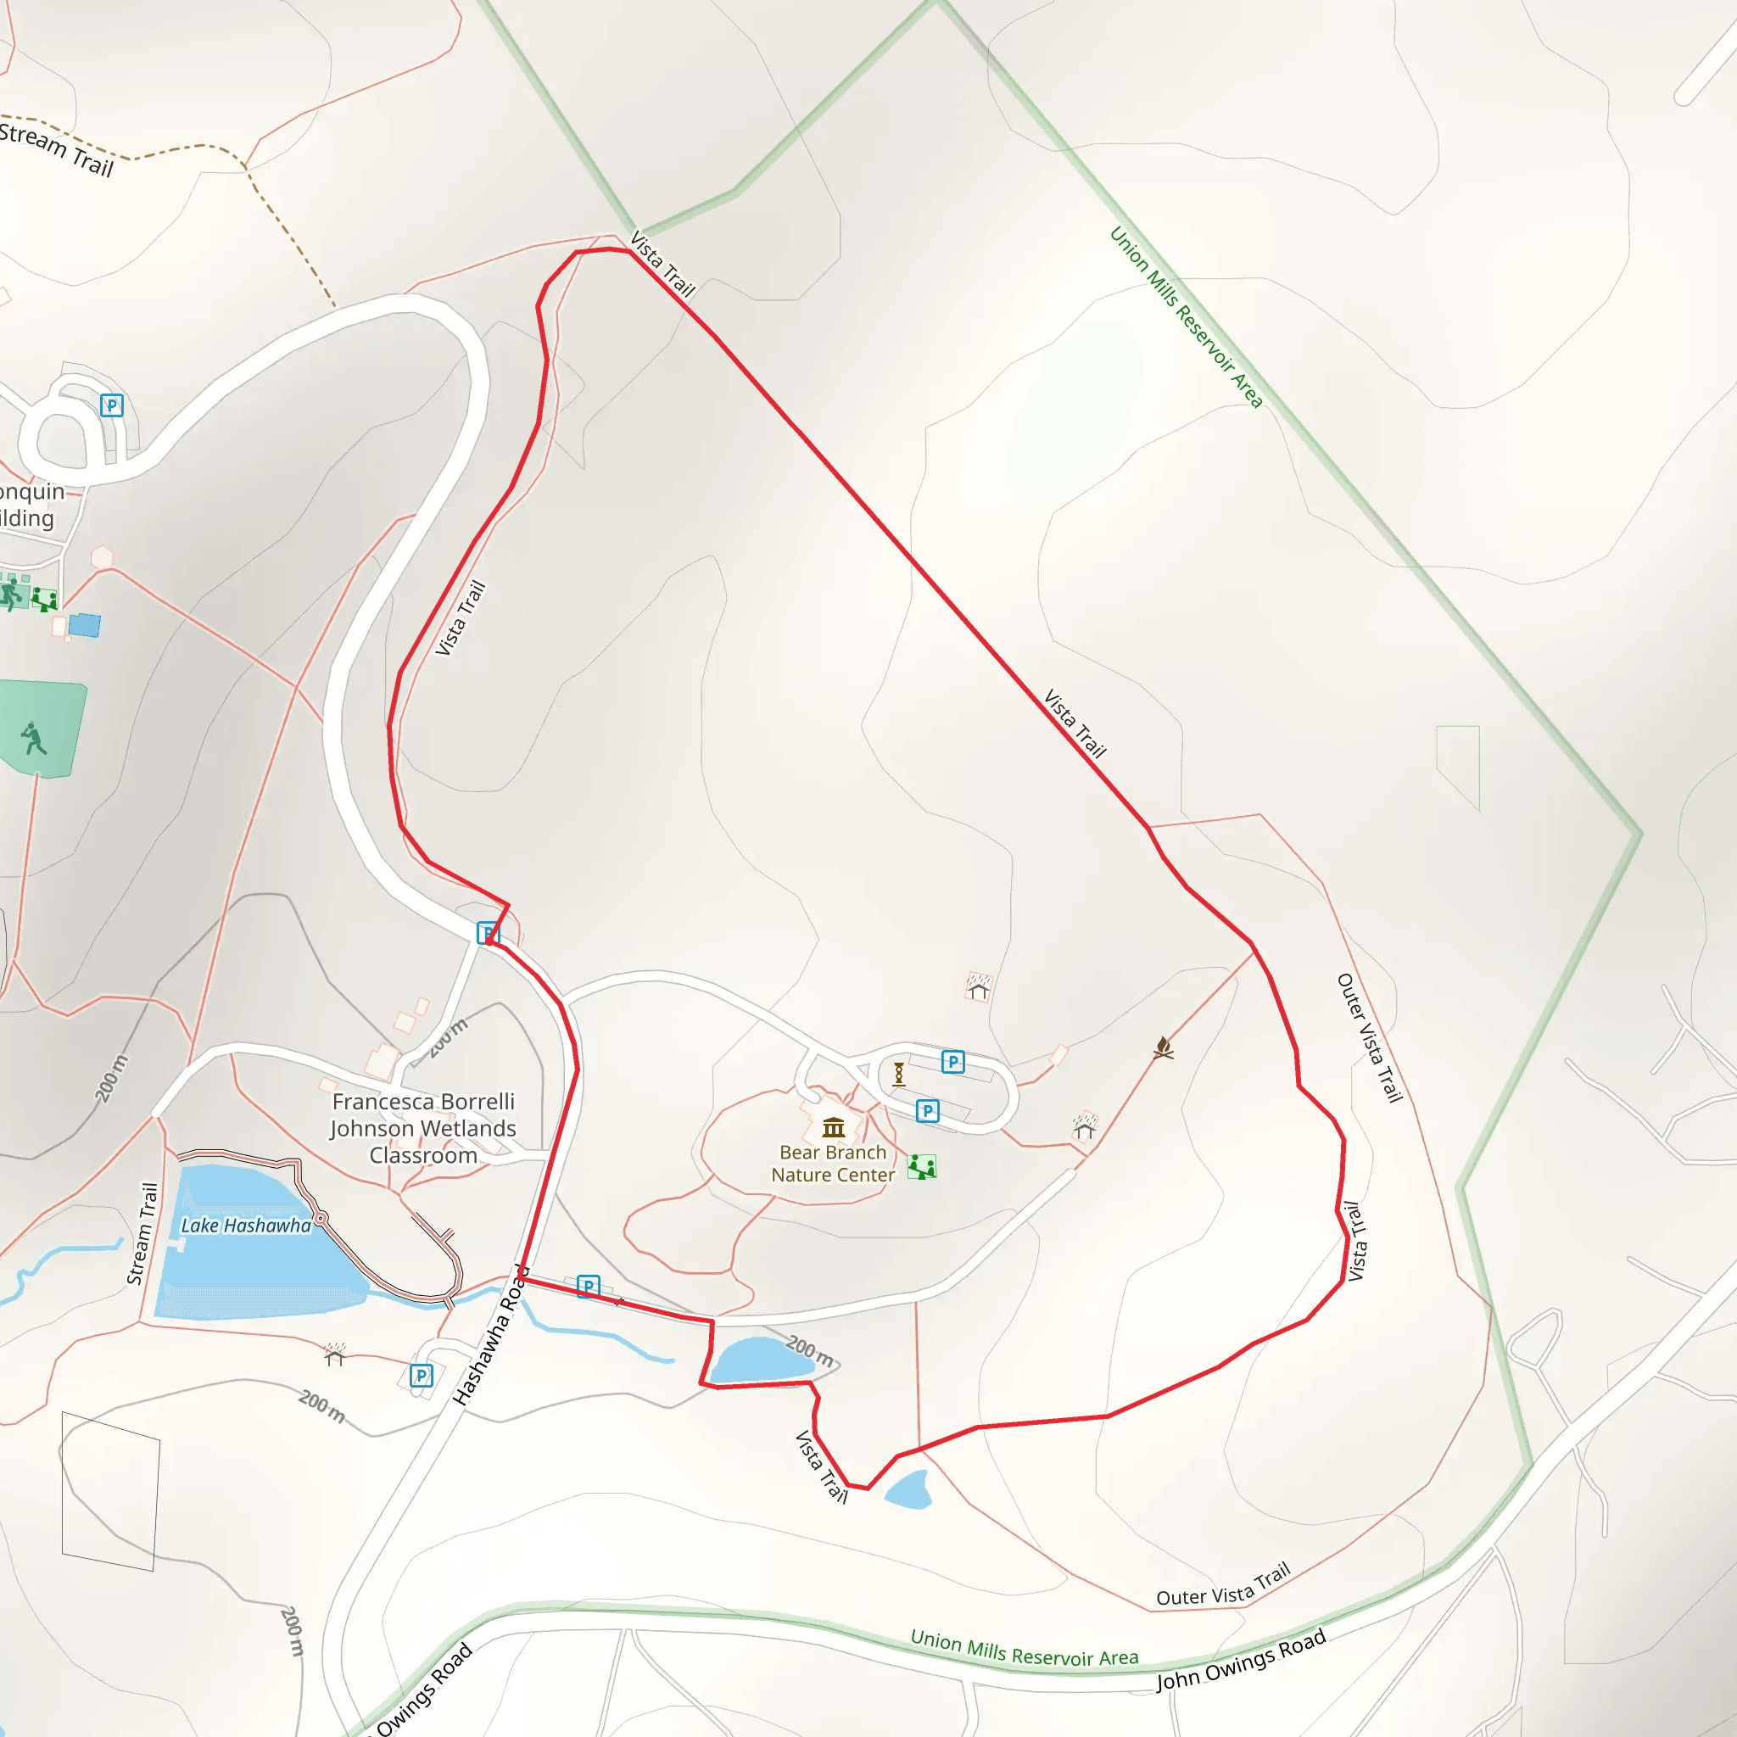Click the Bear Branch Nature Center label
833,1164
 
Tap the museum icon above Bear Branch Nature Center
834,1126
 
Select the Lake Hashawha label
245,1226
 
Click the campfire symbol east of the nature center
1164,1048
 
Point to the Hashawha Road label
491,1334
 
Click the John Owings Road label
1241,1660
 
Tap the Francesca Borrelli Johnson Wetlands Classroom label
422,1128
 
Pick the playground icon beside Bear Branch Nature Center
922,1167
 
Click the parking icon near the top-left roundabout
111,405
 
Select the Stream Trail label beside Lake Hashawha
142,1232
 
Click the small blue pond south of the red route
908,1489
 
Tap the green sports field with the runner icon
41,729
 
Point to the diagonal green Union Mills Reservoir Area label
1186,316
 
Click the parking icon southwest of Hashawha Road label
421,1376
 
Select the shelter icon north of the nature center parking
978,987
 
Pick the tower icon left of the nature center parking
898,1074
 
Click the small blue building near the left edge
85,625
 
